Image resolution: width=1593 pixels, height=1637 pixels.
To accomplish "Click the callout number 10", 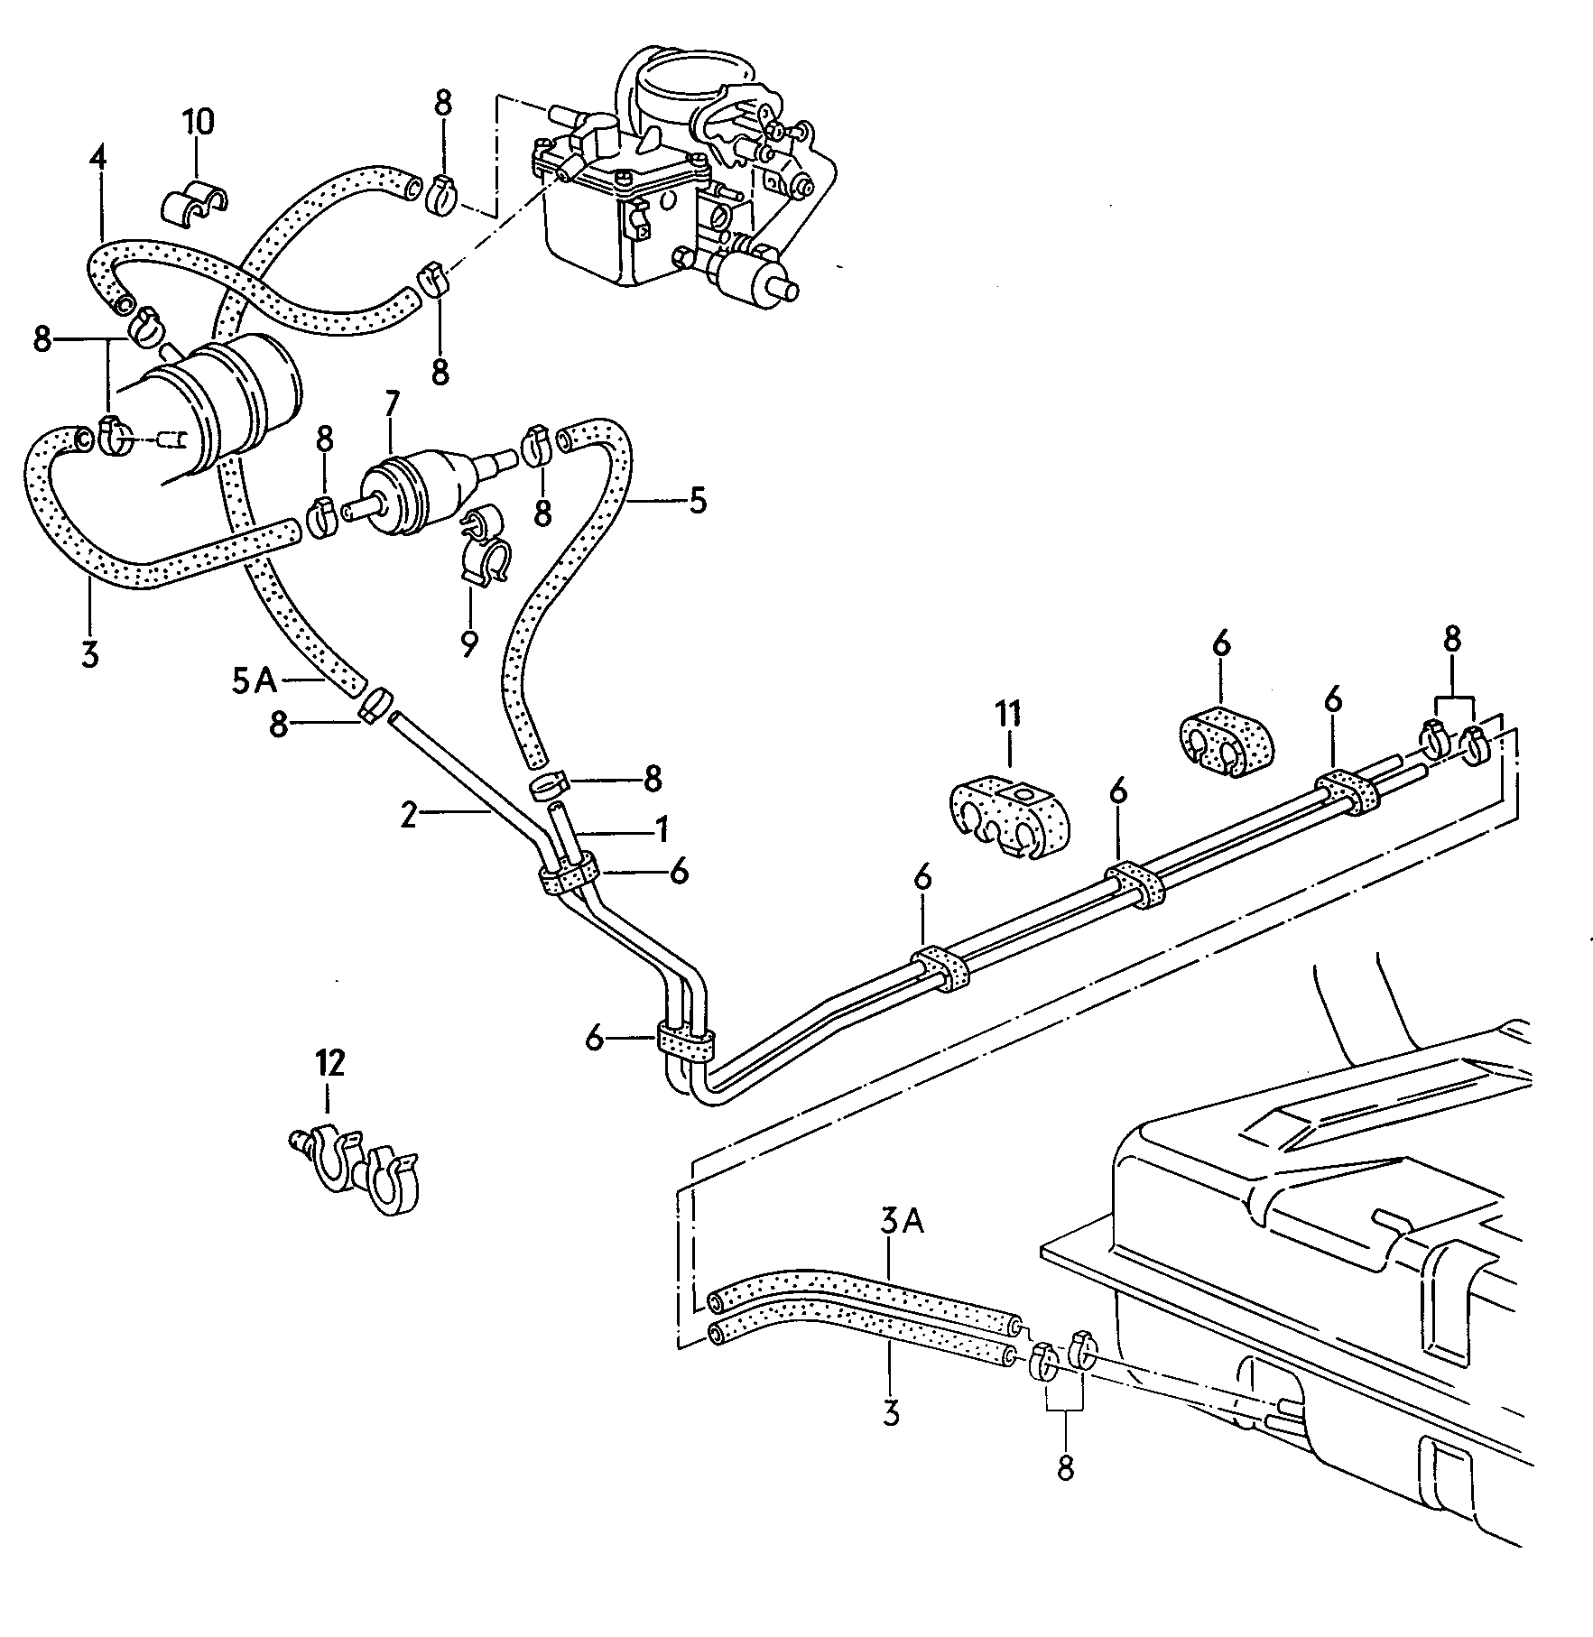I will click(199, 122).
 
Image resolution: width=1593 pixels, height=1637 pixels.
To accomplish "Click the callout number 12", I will click(330, 1062).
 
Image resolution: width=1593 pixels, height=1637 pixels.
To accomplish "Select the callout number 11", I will click(1008, 715).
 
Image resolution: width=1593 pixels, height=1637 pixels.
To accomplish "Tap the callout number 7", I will click(391, 405).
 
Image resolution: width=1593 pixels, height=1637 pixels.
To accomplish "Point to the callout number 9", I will click(468, 643).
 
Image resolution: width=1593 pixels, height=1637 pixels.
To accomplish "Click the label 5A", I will click(254, 680).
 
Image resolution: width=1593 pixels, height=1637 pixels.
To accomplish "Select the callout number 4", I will click(97, 159).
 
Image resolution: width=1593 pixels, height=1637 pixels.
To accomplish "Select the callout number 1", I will click(661, 827).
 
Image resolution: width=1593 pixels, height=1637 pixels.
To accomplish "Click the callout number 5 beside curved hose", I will click(698, 501).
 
